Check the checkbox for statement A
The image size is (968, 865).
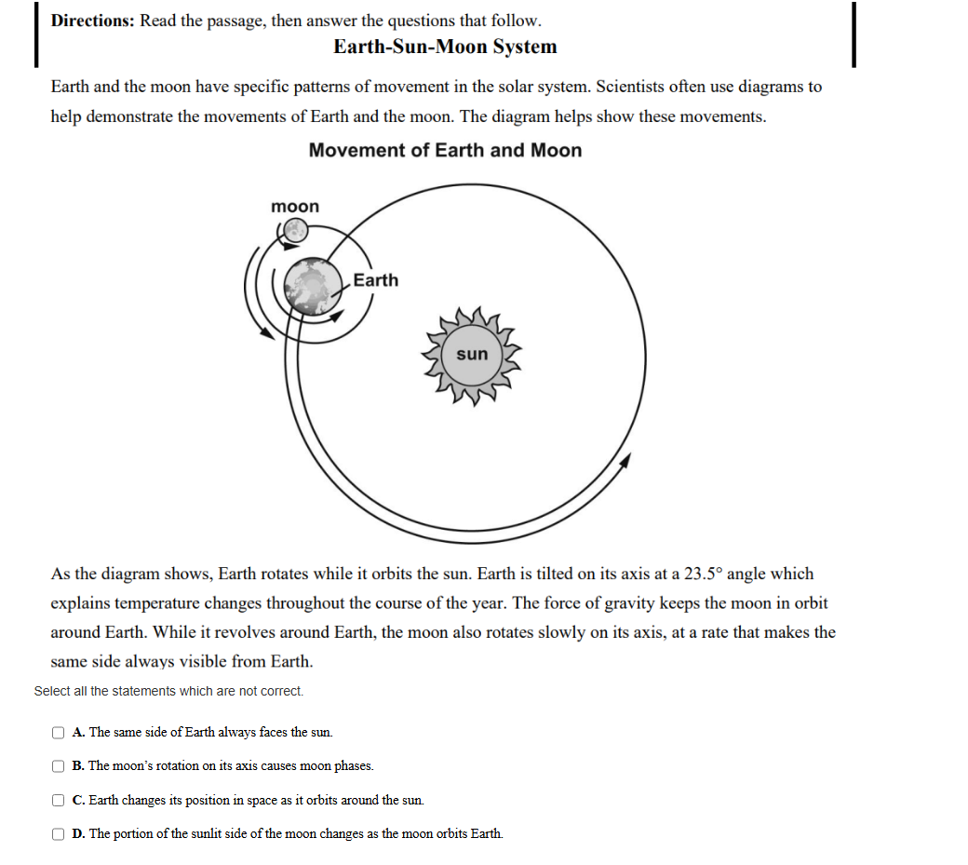(x=59, y=733)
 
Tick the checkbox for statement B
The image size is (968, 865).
(x=59, y=766)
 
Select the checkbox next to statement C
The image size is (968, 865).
(x=59, y=800)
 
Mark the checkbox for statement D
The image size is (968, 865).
(x=59, y=833)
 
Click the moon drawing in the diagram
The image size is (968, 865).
(x=295, y=230)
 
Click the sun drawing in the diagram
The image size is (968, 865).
(x=472, y=355)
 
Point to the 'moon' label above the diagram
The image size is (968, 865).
(x=294, y=206)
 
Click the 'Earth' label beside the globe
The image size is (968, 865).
(x=376, y=280)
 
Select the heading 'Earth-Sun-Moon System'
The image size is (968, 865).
(x=445, y=47)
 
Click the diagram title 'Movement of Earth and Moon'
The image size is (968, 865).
(x=445, y=151)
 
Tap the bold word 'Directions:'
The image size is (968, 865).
(x=92, y=20)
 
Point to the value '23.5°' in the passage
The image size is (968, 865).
(x=704, y=574)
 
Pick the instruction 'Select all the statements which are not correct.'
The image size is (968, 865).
(x=168, y=691)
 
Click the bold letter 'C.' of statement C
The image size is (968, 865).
(x=79, y=800)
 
